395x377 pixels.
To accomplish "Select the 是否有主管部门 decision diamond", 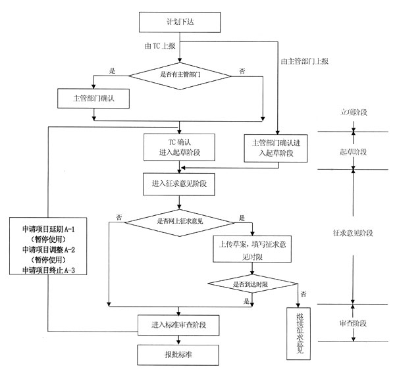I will point(180,74).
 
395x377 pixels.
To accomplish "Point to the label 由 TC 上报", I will point(160,47).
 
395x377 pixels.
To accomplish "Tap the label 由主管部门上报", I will point(304,61).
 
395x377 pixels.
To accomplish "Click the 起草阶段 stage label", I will point(354,151).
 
